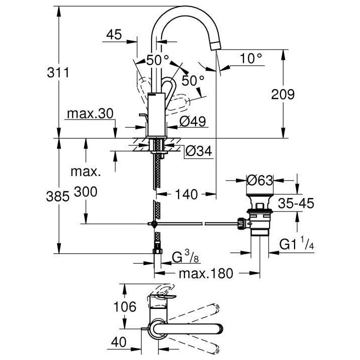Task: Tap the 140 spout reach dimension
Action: (x=187, y=193)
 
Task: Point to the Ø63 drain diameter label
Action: (x=260, y=178)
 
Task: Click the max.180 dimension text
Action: (x=200, y=273)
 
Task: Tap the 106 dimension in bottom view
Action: (x=124, y=306)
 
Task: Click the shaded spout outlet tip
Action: (x=215, y=45)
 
